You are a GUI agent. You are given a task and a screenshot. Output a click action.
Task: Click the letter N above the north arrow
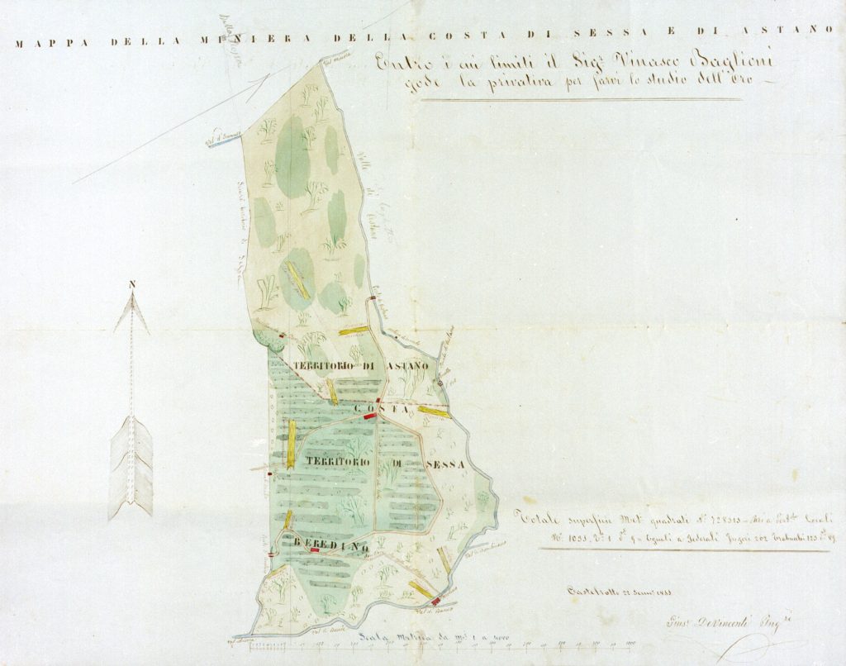point(132,287)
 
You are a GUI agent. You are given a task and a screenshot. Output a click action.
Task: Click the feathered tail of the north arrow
point(132,467)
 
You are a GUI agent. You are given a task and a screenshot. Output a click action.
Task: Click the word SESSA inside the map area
point(444,464)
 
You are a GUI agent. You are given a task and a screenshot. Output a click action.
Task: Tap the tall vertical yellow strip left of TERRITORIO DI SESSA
point(291,444)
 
